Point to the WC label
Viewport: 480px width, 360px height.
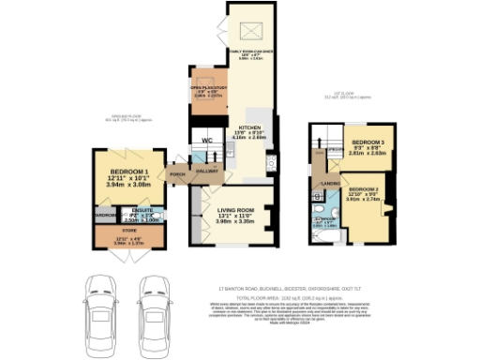pos(205,141)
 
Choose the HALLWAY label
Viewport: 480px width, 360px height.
pos(206,171)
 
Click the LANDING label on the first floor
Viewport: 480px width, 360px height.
pos(330,184)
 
